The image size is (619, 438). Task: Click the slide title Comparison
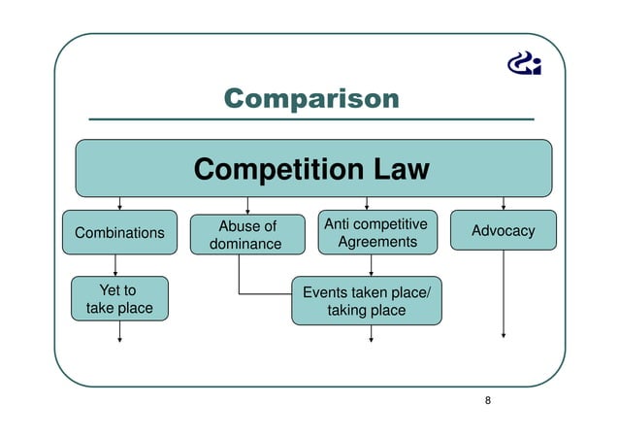(x=310, y=98)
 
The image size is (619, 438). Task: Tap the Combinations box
(x=119, y=232)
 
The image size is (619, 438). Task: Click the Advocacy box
(x=503, y=231)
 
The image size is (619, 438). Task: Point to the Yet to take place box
(x=118, y=299)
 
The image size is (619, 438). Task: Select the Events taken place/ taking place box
(x=367, y=301)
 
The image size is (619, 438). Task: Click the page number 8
(x=488, y=399)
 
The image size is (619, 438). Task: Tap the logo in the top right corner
(x=525, y=64)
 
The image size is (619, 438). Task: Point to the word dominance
(x=247, y=245)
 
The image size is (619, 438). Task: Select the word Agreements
(x=376, y=242)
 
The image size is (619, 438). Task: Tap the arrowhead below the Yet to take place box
(x=119, y=339)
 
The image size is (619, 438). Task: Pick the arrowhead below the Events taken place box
(x=371, y=340)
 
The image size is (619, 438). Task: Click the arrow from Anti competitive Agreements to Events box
(x=371, y=265)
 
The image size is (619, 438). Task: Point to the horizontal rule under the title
(x=310, y=118)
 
